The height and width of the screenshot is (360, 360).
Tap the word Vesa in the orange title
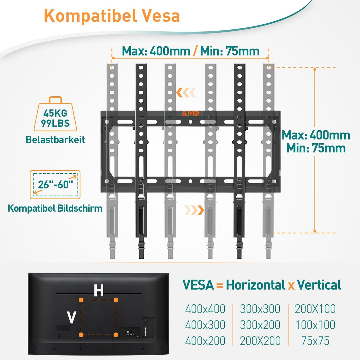coord(160,16)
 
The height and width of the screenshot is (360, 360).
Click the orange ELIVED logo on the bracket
coord(190,114)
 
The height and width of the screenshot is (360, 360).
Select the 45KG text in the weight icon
coord(55,113)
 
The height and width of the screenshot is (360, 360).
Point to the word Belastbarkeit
coord(55,140)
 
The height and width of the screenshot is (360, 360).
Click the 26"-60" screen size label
coord(55,184)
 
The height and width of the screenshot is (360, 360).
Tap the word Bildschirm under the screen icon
coord(80,208)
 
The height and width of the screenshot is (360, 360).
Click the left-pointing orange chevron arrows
coord(186,93)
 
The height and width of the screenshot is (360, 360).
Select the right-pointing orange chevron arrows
coord(194,210)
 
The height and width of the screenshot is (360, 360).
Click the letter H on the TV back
coord(99,290)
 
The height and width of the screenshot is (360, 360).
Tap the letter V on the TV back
coord(71,317)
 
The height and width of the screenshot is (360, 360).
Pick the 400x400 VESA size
coord(205,309)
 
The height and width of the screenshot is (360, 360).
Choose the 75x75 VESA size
coord(315,341)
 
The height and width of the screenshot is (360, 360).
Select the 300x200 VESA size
coord(260,325)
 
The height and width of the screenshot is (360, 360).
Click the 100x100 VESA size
coord(315,325)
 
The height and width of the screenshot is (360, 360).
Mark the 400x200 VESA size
coord(205,341)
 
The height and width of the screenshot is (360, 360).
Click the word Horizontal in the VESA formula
coord(256,285)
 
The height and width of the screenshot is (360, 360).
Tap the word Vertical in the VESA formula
coord(319,285)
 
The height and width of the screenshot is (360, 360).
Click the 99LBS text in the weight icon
coord(55,123)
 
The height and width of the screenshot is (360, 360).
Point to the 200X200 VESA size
coord(260,341)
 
